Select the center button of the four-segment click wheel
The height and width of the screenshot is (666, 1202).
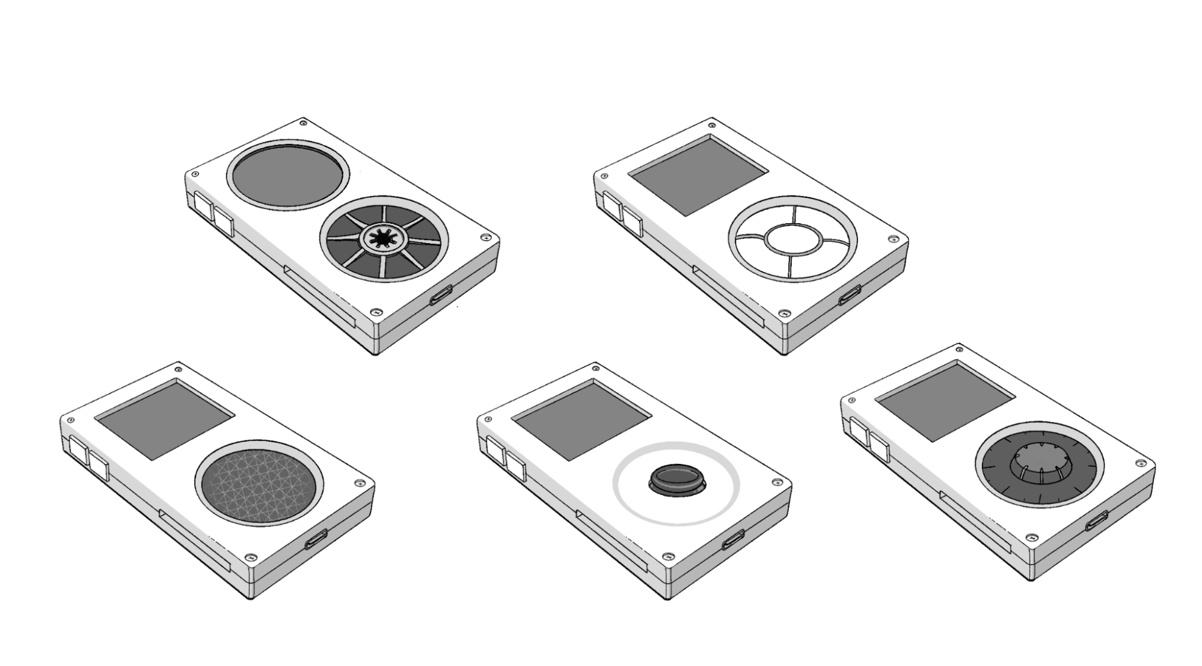[x=793, y=238]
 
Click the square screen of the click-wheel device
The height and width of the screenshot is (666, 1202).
[x=698, y=175]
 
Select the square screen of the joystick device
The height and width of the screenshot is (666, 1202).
[x=582, y=420]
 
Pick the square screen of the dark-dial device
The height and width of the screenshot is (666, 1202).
[x=945, y=401]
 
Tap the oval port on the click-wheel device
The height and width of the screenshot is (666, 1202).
[x=850, y=295]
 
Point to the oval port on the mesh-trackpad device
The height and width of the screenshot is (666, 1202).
[x=316, y=540]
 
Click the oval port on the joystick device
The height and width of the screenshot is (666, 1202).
[x=733, y=540]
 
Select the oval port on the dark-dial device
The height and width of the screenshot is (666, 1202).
[x=1097, y=521]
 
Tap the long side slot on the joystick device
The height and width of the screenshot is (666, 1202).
[x=611, y=539]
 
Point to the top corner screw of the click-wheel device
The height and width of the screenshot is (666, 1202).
[x=712, y=126]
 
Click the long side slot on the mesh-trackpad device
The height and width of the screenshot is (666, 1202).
[x=194, y=539]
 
